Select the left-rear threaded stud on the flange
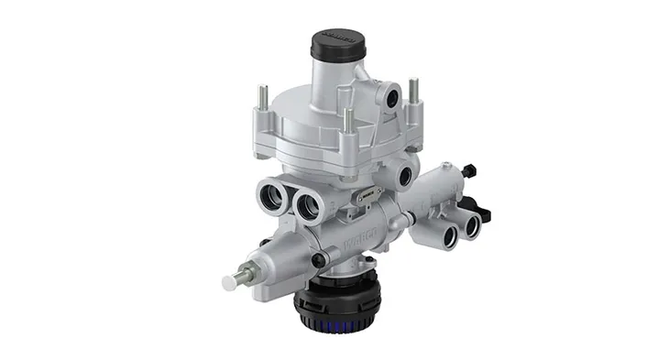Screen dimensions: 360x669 (263, 95)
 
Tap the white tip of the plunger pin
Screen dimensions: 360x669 (230, 281)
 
